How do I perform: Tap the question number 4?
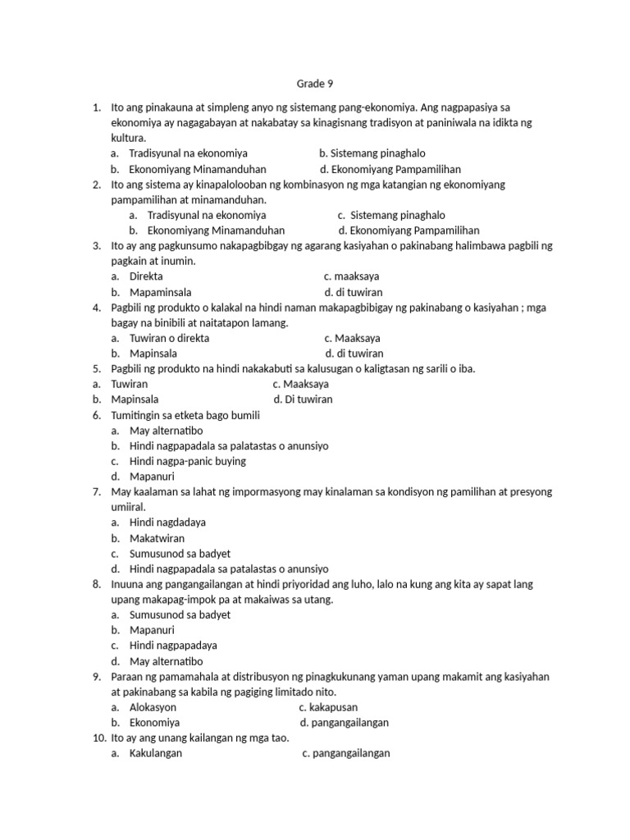click(x=96, y=308)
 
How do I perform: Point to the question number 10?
click(x=98, y=738)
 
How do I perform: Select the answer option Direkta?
click(x=146, y=276)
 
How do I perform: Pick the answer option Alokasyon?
click(x=153, y=707)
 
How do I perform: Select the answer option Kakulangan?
click(x=156, y=754)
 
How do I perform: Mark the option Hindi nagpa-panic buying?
click(x=188, y=461)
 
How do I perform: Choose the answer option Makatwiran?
click(x=157, y=538)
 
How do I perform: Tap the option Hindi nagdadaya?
click(x=167, y=523)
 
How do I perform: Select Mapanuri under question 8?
click(x=152, y=630)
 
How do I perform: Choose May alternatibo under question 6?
click(x=166, y=431)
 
